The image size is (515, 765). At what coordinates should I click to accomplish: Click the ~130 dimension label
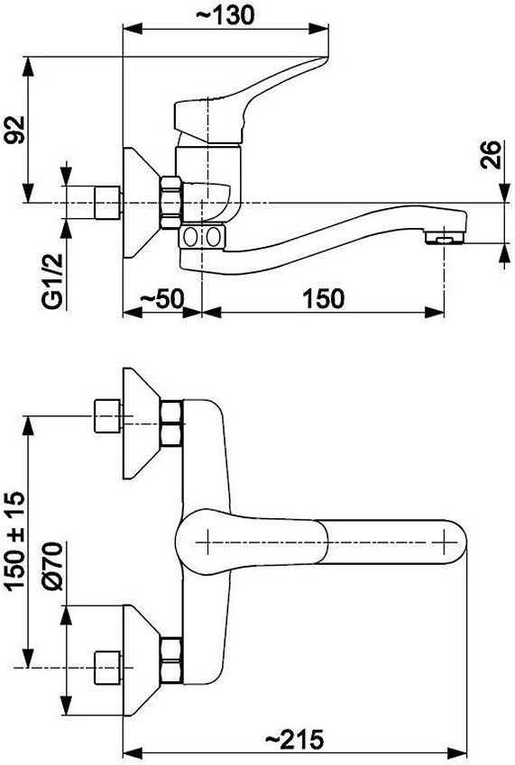[225, 15]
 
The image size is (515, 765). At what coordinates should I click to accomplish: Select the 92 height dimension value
[14, 130]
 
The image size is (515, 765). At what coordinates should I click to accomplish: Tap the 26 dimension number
[491, 155]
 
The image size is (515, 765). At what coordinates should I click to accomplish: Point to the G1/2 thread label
[52, 281]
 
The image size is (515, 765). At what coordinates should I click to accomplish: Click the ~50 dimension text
[161, 297]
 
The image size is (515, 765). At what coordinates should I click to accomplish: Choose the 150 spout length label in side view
[324, 298]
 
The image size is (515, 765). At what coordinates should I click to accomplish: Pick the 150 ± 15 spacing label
[14, 541]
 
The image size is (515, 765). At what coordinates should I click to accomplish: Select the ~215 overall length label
[294, 740]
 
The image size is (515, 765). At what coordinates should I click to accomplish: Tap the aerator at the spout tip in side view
[444, 239]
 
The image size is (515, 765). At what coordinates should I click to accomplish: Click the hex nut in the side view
[171, 203]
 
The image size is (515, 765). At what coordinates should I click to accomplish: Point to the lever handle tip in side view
[322, 60]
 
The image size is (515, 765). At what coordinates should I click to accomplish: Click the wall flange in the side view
[142, 203]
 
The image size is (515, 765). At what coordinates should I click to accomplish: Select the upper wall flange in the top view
[142, 423]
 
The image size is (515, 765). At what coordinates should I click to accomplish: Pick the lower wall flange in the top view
[142, 661]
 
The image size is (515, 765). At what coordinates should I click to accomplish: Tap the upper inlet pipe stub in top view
[107, 415]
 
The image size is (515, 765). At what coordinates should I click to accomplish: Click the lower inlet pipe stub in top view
[107, 668]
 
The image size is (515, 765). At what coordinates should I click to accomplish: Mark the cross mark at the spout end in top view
[446, 542]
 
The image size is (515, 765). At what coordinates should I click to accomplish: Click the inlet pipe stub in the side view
[107, 203]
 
